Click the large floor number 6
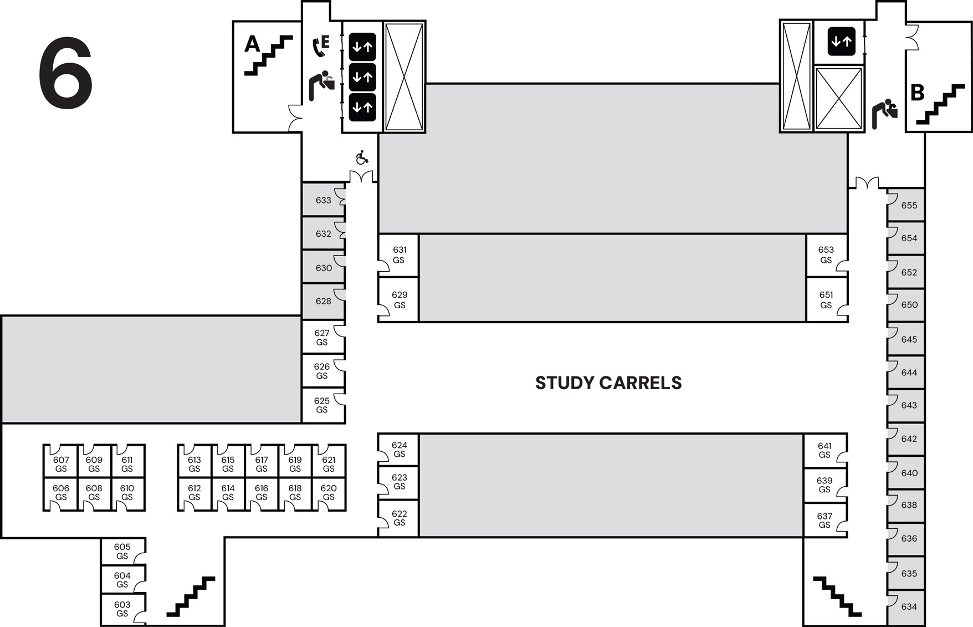[x=65, y=73]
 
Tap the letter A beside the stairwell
[x=252, y=43]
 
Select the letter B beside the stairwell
[x=917, y=93]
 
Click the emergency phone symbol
[x=320, y=46]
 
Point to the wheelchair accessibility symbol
[x=362, y=158]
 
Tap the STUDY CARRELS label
[x=608, y=383]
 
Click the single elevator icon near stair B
[x=841, y=42]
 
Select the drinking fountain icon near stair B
[x=885, y=114]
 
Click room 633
[x=323, y=200]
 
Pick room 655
[x=909, y=205]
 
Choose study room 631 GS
[x=399, y=255]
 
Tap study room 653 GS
[x=826, y=255]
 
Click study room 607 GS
[x=61, y=464]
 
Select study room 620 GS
[x=329, y=493]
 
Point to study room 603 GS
[x=122, y=609]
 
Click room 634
[x=909, y=606]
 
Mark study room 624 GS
[x=399, y=450]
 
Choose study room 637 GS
[x=825, y=521]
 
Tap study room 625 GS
[x=322, y=405]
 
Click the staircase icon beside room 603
[x=191, y=597]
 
